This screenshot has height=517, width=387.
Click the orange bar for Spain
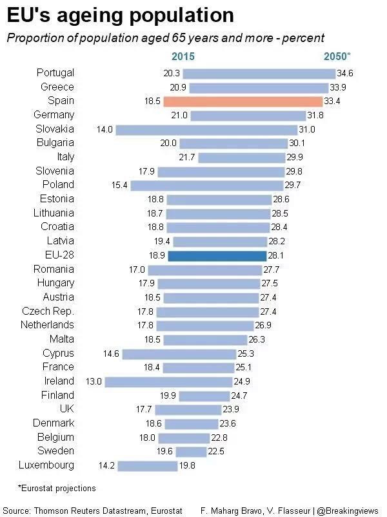point(243,101)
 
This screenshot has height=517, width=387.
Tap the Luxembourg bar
point(147,465)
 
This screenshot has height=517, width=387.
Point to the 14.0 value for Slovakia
point(105,129)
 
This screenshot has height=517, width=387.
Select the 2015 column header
point(183,56)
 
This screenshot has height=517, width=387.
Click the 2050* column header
point(336,56)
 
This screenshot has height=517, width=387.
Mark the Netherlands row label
point(47,325)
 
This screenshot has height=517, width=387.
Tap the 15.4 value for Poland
point(120,185)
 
